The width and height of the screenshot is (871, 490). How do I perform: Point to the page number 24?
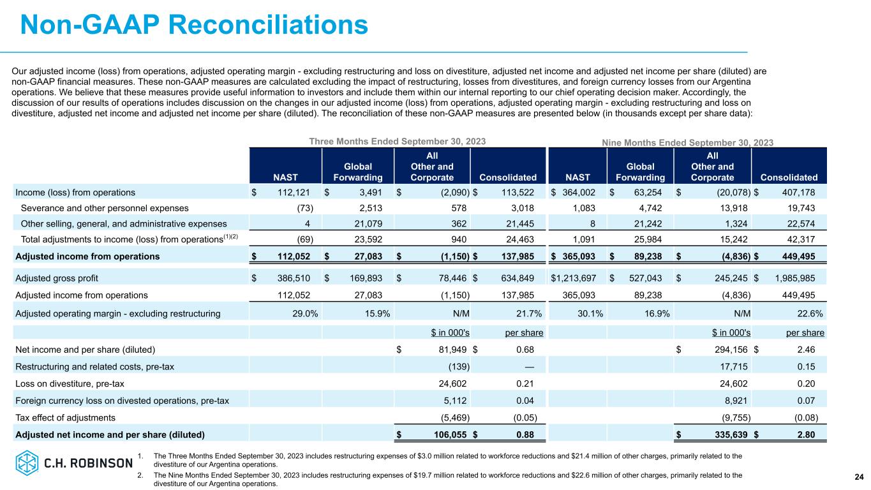[859, 477]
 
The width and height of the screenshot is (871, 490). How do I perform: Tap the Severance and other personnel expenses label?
[105, 207]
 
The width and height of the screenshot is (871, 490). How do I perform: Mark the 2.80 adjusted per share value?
[814, 435]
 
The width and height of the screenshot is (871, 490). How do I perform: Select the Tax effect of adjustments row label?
[65, 417]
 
